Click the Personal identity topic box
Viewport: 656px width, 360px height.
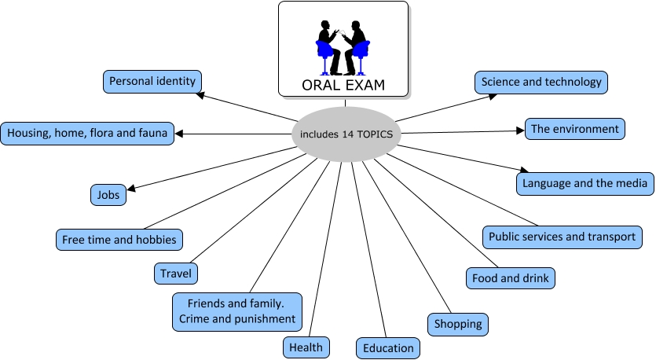pyautogui.click(x=153, y=81)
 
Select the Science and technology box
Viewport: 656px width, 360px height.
pyautogui.click(x=541, y=82)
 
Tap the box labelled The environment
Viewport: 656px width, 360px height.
pyautogui.click(x=575, y=129)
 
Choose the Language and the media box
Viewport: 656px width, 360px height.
pyautogui.click(x=585, y=184)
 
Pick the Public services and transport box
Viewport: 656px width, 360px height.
pyautogui.click(x=563, y=236)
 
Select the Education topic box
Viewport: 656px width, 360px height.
pyautogui.click(x=388, y=348)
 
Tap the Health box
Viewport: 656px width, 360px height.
pyautogui.click(x=306, y=346)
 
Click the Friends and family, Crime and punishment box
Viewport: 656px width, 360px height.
pyautogui.click(x=237, y=311)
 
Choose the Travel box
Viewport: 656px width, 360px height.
pyautogui.click(x=176, y=274)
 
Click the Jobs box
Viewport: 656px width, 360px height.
pyautogui.click(x=108, y=194)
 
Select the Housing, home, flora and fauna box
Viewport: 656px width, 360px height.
pyautogui.click(x=87, y=134)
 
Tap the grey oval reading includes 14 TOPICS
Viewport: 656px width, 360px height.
pyautogui.click(x=346, y=134)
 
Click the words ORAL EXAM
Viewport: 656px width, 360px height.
pyautogui.click(x=343, y=85)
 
